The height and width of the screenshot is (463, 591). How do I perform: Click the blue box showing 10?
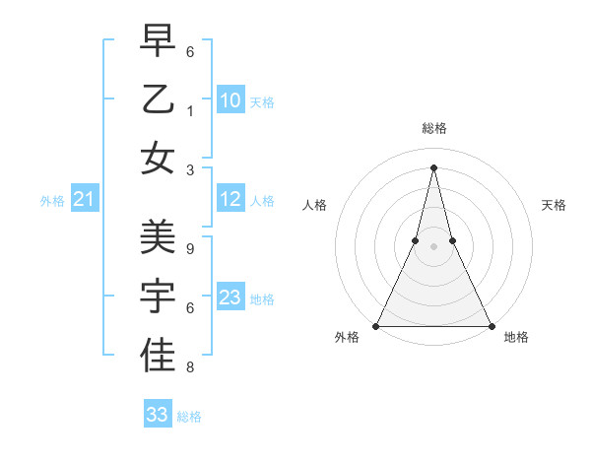230,99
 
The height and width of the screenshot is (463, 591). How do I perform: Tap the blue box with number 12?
230,199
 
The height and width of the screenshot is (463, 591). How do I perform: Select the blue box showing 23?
230,298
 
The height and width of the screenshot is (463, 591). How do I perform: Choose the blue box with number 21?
84,200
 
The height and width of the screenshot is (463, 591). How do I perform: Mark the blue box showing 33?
158,415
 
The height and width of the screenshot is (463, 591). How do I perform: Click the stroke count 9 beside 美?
189,249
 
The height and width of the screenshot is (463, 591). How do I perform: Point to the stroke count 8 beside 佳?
189,367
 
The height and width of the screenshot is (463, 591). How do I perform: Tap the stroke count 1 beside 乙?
189,110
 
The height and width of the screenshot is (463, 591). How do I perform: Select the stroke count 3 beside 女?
189,169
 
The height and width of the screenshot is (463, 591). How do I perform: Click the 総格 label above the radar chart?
434,128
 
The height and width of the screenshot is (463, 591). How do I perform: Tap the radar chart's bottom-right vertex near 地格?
491,325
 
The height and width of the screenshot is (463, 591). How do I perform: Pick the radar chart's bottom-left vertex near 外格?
377,325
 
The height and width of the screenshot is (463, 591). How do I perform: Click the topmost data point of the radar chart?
434,166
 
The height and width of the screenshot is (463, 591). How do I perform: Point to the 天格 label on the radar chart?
555,205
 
